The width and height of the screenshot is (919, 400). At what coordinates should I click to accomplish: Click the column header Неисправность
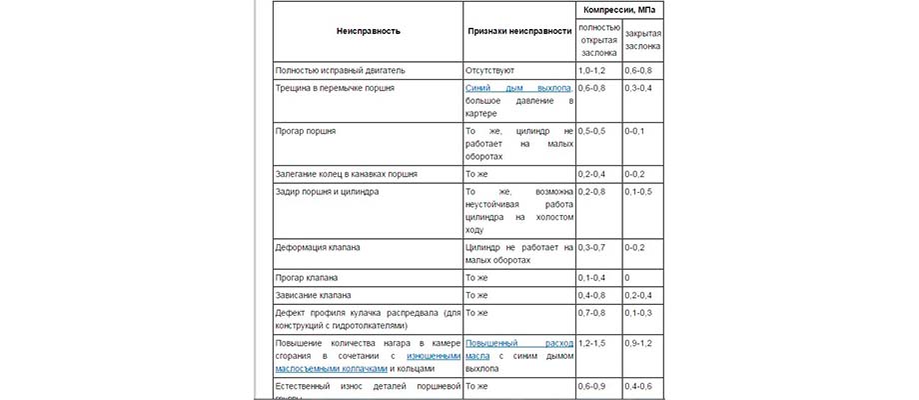click(x=369, y=30)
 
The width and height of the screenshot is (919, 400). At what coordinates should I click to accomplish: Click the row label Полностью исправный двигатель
click(x=340, y=71)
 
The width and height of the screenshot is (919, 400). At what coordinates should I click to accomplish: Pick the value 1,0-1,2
click(x=591, y=71)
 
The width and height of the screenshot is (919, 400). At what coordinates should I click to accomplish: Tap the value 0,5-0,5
click(x=591, y=131)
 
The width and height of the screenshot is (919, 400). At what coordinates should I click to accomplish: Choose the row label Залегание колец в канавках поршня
click(x=352, y=174)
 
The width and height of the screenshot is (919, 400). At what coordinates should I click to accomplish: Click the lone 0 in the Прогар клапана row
click(x=626, y=277)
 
